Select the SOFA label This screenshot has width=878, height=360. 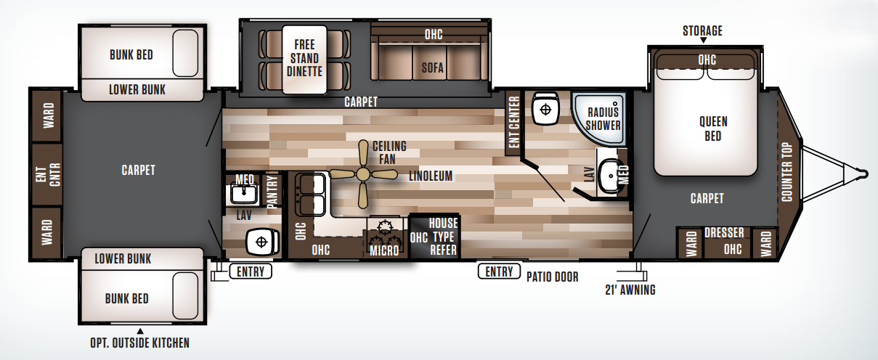point(433,68)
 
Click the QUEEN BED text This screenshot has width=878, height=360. point(712,128)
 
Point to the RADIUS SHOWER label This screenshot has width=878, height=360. point(603,118)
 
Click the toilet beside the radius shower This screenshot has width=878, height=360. point(544,110)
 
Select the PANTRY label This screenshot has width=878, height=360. point(274,192)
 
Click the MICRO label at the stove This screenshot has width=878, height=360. point(384,250)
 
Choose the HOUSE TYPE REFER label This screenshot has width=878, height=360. point(443,236)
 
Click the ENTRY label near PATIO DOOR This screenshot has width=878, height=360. point(499,271)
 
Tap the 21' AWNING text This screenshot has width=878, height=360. point(630,290)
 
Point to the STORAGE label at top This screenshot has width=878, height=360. point(702,30)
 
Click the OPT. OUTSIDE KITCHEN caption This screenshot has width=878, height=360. point(140,343)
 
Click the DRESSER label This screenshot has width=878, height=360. point(724,233)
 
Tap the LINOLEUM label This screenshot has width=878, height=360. point(431,176)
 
